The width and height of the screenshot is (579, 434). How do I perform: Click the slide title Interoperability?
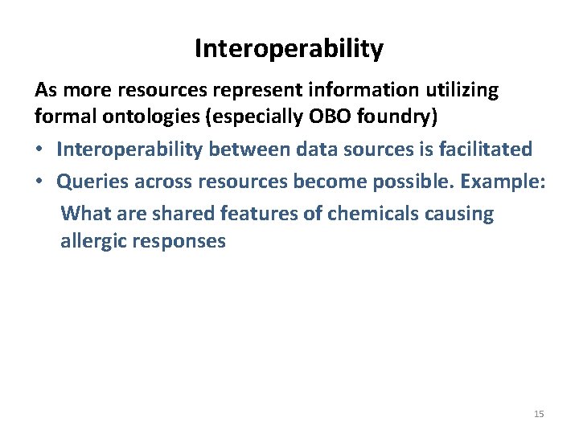(x=289, y=50)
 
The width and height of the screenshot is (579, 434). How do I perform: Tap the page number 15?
(x=539, y=414)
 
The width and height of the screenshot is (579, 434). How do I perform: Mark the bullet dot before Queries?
(x=40, y=182)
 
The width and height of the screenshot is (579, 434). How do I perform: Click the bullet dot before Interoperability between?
(x=40, y=150)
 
